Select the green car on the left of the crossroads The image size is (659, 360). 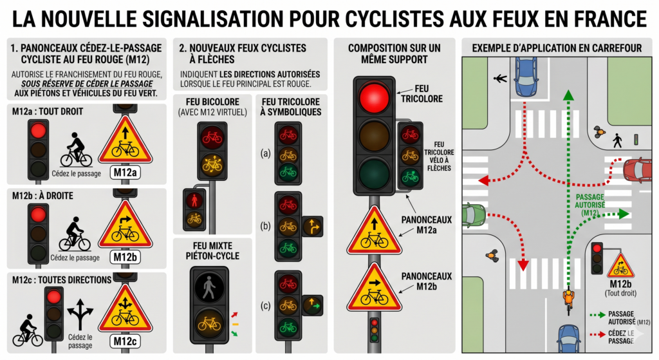point(474,215)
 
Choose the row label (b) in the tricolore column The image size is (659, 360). point(265,226)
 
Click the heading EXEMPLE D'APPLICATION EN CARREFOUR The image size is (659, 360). point(557,48)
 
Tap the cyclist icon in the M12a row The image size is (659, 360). point(76,150)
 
